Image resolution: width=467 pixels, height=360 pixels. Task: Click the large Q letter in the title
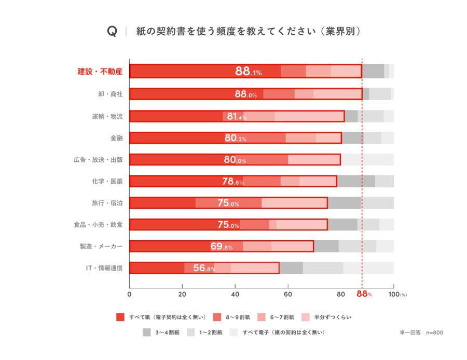[x=112, y=31]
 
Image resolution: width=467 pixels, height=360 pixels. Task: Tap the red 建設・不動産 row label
[x=100, y=72]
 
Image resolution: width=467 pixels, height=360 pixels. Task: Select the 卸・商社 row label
[x=110, y=94]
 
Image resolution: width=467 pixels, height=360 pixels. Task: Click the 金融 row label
[x=116, y=138]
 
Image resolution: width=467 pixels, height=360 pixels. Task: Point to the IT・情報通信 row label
[x=104, y=268]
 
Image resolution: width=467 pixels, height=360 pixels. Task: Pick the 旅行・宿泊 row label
[x=107, y=203]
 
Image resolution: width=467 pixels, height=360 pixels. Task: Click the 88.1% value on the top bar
[x=249, y=71]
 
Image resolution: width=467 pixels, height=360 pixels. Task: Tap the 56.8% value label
[x=204, y=268]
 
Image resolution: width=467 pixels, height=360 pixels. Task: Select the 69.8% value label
[x=221, y=246]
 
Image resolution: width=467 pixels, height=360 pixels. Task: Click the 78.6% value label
[x=233, y=182]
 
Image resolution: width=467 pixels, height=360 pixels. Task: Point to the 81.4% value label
[x=237, y=116]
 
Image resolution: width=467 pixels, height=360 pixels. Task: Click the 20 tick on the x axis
[x=182, y=295]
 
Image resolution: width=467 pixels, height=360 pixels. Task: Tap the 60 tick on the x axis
[x=288, y=295]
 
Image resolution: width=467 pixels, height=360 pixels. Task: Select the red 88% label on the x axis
[x=364, y=294]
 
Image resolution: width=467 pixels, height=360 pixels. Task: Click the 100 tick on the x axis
[x=394, y=295]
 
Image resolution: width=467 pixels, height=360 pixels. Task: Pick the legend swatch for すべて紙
[x=120, y=317]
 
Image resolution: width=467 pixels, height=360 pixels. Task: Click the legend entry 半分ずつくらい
[x=333, y=317]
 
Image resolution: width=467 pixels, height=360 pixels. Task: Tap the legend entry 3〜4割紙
[x=168, y=333]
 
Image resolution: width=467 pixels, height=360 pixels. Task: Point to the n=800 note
[x=434, y=333]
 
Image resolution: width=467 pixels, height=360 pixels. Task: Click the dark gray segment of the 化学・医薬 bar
[x=356, y=182]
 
